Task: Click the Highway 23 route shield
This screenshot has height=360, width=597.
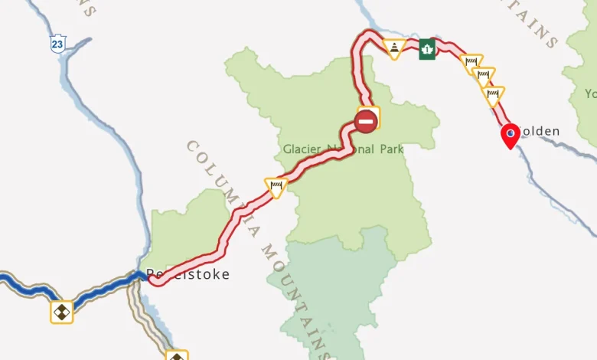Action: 58,44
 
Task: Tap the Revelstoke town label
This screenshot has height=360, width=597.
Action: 188,274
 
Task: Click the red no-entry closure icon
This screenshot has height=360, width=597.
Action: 366,120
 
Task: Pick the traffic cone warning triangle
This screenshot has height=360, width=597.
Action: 393,50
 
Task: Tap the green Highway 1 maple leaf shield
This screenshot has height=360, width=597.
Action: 426,49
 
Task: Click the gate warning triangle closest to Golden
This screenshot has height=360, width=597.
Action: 493,96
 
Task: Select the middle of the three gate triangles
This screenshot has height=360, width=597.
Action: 483,77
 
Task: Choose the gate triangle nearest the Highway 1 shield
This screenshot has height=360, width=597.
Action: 472,64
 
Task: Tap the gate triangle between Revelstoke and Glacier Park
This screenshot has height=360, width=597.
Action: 276,186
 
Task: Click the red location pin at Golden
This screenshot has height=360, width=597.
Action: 510,136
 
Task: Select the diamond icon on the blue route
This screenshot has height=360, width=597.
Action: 62,312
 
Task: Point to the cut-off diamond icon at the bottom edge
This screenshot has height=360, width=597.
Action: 177,355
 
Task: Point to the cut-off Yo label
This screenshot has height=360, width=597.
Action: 590,93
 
